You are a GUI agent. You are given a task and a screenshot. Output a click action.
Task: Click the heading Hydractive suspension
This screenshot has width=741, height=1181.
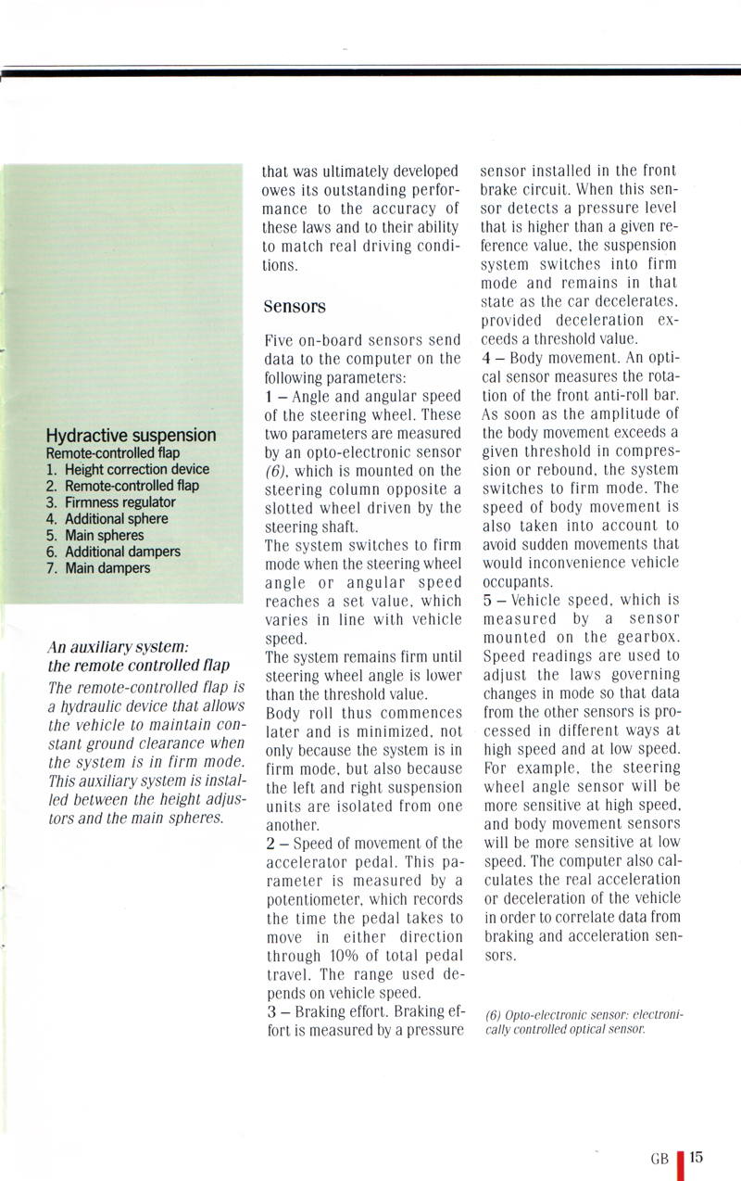pyautogui.click(x=131, y=436)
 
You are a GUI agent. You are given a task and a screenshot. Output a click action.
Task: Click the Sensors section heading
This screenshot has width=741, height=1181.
pyautogui.click(x=295, y=304)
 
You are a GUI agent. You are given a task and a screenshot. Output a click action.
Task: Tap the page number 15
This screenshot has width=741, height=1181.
pyautogui.click(x=697, y=1157)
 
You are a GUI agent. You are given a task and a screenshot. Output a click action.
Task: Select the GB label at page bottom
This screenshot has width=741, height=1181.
pyautogui.click(x=659, y=1159)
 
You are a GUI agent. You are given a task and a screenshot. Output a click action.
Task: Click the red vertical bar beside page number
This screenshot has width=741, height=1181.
pyautogui.click(x=680, y=1163)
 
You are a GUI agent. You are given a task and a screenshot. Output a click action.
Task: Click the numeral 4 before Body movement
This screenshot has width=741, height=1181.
pyautogui.click(x=486, y=358)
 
